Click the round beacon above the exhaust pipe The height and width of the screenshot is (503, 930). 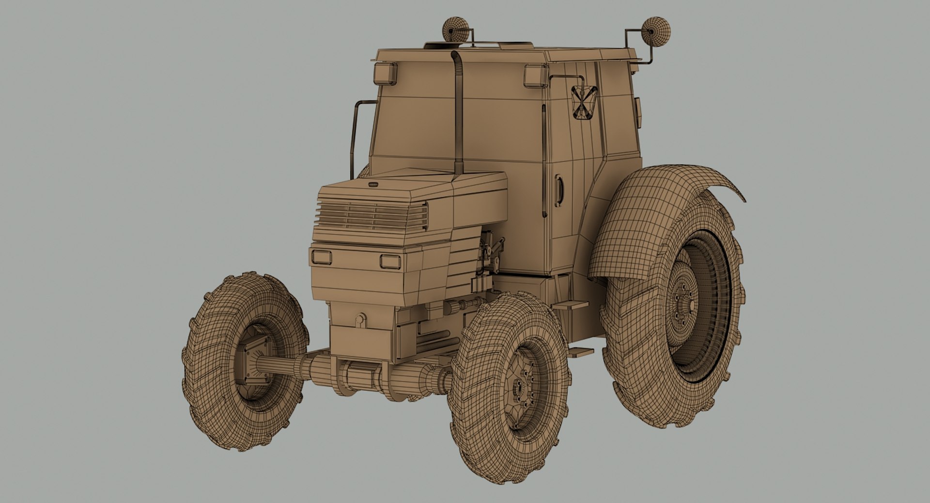click(456, 28)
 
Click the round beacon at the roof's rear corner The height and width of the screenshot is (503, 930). click(656, 31)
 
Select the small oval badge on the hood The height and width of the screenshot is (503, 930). click(373, 185)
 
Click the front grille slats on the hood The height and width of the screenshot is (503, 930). click(372, 216)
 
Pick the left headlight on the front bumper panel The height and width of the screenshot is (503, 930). click(321, 257)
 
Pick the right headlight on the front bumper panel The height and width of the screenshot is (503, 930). click(390, 262)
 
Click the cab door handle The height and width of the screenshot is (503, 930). click(560, 191)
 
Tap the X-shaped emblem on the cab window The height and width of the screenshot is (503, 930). click(584, 102)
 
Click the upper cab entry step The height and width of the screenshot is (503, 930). click(570, 305)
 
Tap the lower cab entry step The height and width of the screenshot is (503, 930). click(580, 352)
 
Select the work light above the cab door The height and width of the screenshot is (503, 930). click(536, 76)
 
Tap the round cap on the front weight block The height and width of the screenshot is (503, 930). click(360, 319)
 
